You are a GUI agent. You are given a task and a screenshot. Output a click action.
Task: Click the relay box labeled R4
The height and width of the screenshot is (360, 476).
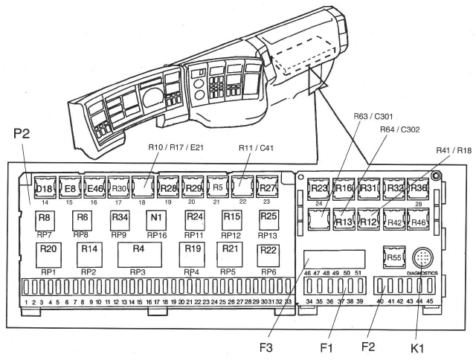tap(138, 248)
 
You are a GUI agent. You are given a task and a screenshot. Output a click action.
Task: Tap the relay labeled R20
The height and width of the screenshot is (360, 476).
tap(49, 248)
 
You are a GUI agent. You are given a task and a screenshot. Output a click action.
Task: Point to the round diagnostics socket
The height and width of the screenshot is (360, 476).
tap(422, 257)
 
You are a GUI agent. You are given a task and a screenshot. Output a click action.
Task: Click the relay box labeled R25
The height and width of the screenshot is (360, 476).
tap(268, 216)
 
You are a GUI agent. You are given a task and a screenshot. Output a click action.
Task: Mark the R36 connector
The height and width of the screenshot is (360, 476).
tap(419, 188)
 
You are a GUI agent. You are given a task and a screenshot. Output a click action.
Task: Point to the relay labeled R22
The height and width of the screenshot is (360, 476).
tap(268, 248)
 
